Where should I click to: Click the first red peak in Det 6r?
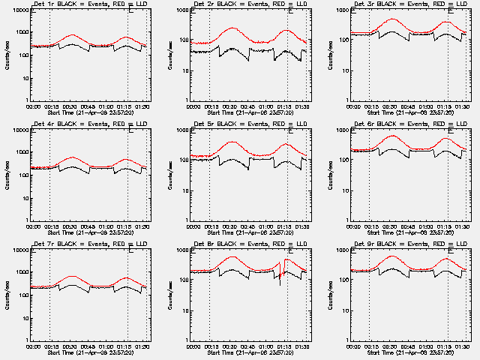click(x=391, y=136)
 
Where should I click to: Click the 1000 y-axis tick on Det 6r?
click(x=344, y=130)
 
